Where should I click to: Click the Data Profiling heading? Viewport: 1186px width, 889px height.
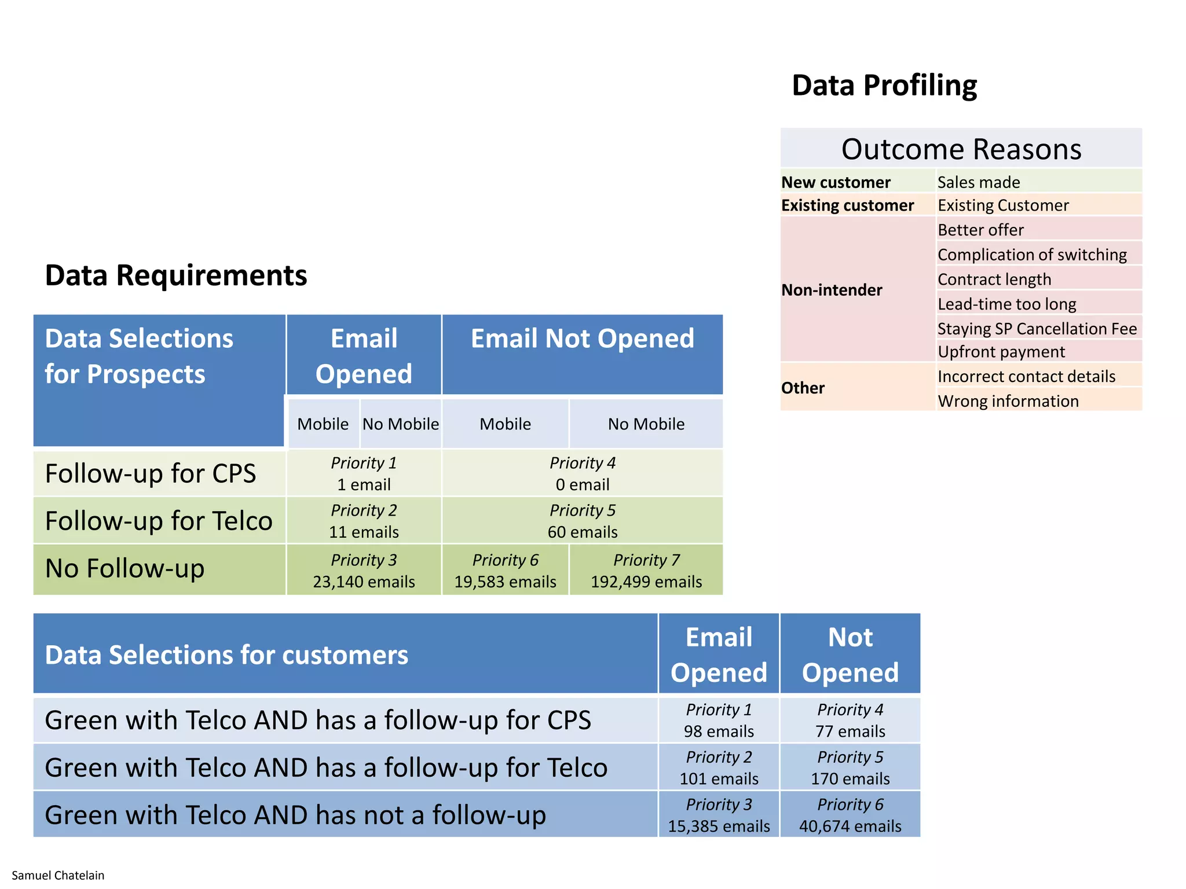tap(884, 86)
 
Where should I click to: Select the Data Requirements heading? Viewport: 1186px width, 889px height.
tap(176, 275)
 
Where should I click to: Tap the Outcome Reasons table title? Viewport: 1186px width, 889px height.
tap(961, 149)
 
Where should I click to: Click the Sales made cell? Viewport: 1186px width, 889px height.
tap(979, 182)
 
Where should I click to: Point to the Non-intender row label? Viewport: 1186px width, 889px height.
tap(832, 290)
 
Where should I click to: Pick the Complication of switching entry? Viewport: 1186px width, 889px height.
tap(1032, 255)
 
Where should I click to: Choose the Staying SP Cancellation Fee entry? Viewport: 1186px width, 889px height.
tap(1037, 329)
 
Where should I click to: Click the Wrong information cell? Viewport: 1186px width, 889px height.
tap(1008, 401)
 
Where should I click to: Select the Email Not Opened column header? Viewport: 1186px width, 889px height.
tap(582, 339)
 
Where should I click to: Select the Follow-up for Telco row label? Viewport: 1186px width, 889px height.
tap(159, 521)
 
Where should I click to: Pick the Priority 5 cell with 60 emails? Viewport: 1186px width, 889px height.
tap(582, 521)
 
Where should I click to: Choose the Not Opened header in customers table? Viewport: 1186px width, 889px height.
tap(850, 655)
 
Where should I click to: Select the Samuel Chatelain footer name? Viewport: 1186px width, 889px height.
tap(58, 875)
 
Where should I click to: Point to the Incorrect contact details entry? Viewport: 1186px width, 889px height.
tap(1026, 377)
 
